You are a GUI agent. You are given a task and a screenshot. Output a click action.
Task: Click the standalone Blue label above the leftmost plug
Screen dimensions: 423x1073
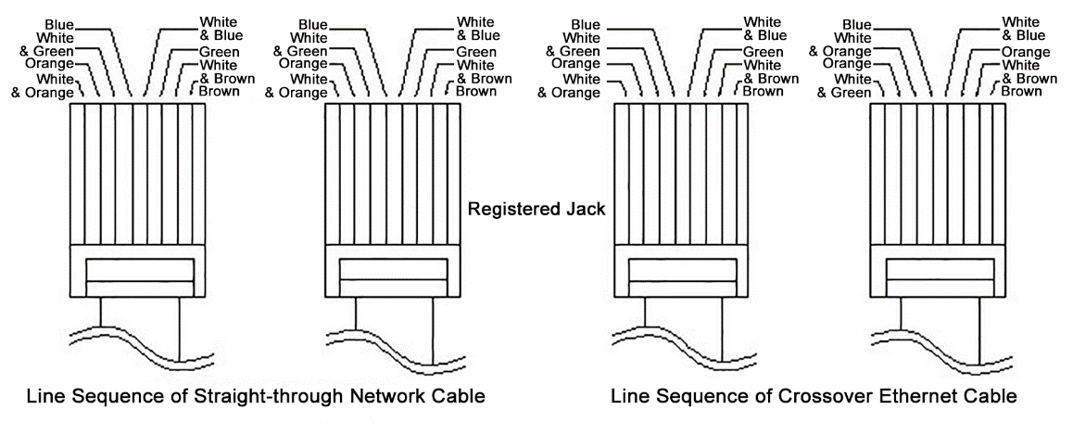(x=60, y=24)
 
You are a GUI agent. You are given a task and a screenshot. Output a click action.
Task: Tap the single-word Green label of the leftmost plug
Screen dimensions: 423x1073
(x=219, y=52)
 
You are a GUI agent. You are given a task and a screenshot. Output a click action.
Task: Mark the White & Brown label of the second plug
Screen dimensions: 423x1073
(x=479, y=72)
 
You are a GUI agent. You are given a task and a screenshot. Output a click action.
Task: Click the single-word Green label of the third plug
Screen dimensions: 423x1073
(x=764, y=52)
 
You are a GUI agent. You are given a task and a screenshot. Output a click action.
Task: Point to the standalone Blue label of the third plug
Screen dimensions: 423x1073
(x=586, y=24)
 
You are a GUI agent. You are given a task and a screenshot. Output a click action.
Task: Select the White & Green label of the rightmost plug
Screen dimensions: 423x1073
(x=846, y=86)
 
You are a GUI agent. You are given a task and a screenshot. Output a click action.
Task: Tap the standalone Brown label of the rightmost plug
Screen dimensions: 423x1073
(x=1021, y=91)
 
